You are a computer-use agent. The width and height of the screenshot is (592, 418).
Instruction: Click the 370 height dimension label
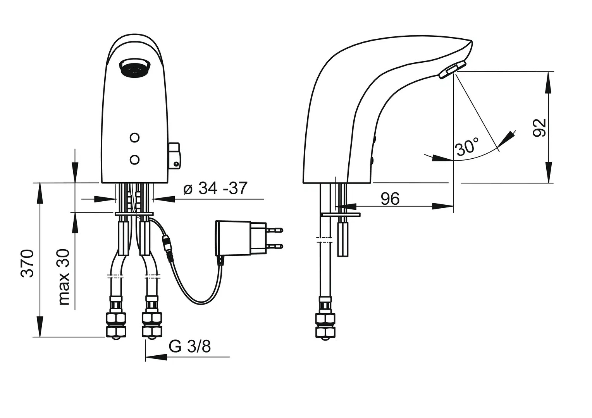click(28, 263)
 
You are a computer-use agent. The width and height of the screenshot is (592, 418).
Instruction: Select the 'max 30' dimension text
click(64, 277)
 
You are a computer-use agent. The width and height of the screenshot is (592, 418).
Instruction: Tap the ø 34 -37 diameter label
click(215, 188)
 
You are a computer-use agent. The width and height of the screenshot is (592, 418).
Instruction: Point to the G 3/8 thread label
click(190, 346)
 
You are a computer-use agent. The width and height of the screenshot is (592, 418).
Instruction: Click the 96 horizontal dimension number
click(390, 199)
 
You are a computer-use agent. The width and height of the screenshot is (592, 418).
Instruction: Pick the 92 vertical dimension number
click(539, 128)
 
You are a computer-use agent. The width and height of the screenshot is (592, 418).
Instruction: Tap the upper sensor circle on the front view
click(134, 137)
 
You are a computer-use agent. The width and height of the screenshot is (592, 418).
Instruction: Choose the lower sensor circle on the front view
click(134, 159)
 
